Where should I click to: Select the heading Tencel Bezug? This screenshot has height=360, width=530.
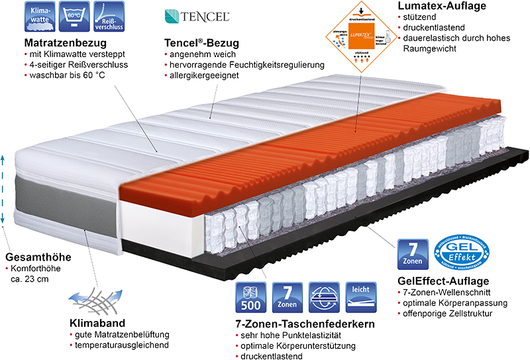tap(201, 43)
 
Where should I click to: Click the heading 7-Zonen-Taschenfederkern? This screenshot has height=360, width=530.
tap(305, 324)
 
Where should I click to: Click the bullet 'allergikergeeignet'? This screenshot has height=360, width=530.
tap(205, 76)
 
